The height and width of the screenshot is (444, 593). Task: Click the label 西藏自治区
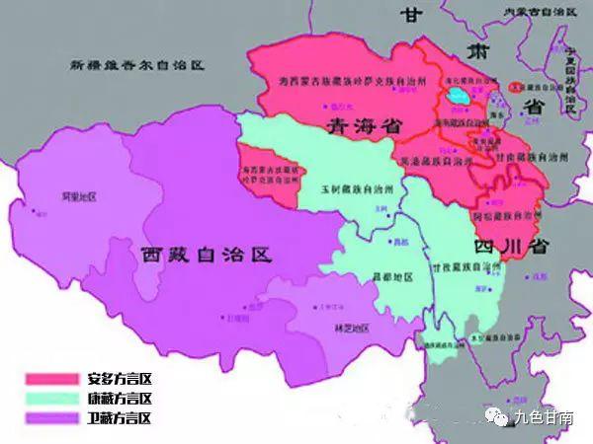pos(205,255)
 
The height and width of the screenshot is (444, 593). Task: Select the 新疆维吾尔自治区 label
pos(136,65)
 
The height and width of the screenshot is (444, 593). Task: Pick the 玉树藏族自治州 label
pos(357,187)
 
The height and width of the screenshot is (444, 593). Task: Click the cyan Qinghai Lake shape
pos(459,97)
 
